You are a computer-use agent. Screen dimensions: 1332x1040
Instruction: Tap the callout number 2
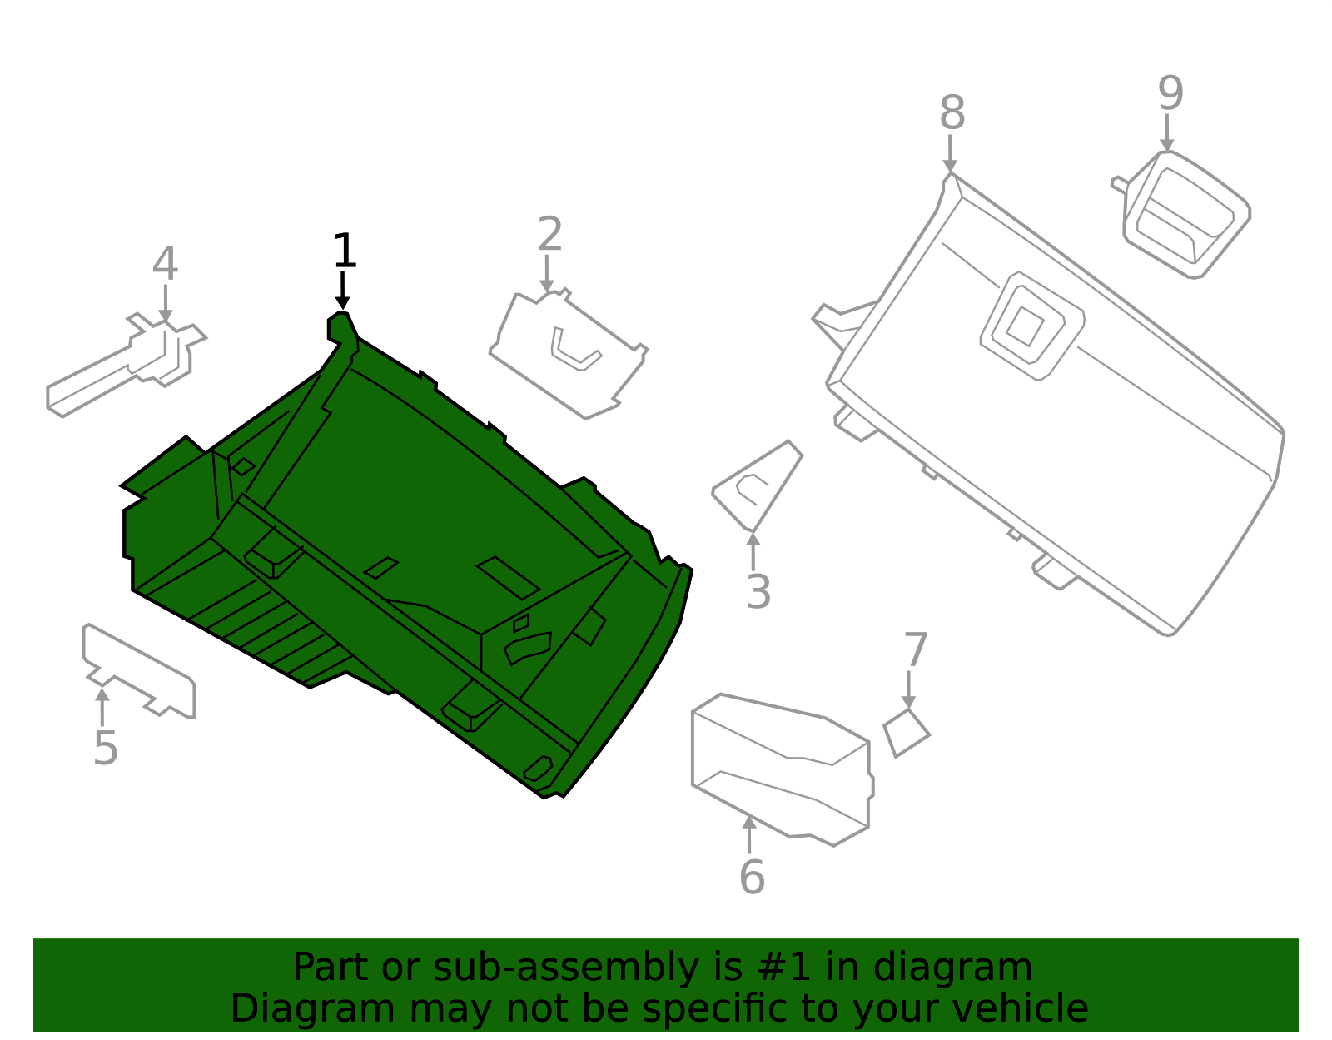tap(549, 233)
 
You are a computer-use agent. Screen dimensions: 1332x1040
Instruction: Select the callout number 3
tap(758, 593)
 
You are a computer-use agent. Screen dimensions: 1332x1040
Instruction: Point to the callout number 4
tap(165, 263)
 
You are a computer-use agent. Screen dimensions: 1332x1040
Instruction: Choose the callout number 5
tap(106, 749)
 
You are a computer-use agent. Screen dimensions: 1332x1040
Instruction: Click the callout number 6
tap(752, 877)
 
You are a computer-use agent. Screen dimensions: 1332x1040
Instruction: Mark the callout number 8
tap(952, 112)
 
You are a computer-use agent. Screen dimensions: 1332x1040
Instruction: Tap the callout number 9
tap(1170, 93)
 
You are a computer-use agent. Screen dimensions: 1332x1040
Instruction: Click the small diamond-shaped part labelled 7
tap(907, 733)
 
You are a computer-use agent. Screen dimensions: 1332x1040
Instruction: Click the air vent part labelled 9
tap(1180, 214)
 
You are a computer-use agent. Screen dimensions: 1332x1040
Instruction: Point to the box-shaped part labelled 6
tap(783, 770)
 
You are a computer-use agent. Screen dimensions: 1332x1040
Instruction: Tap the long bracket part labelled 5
tap(139, 670)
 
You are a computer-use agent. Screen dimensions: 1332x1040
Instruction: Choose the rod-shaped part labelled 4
tap(127, 366)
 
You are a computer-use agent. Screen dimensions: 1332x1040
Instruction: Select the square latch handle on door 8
tap(1032, 326)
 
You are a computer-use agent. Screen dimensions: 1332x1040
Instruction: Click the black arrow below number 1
tap(343, 291)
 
